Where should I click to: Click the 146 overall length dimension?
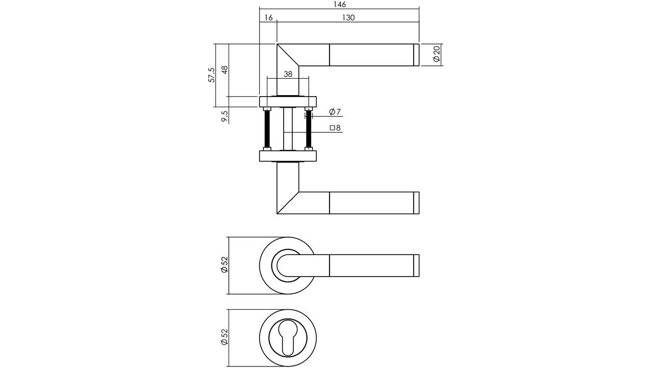339,5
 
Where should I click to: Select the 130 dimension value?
347,18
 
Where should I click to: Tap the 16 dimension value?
268,18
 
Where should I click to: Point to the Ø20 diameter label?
436,55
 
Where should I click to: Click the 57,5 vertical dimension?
212,75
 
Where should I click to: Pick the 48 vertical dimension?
224,70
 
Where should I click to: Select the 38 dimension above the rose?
288,74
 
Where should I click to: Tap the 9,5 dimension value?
224,116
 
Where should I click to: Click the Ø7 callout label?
335,112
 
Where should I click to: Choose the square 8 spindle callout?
335,128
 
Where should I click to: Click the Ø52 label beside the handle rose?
224,265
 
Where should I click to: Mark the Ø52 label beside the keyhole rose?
224,337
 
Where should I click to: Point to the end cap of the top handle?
415,55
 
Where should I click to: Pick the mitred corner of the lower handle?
287,203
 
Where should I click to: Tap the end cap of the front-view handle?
415,265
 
